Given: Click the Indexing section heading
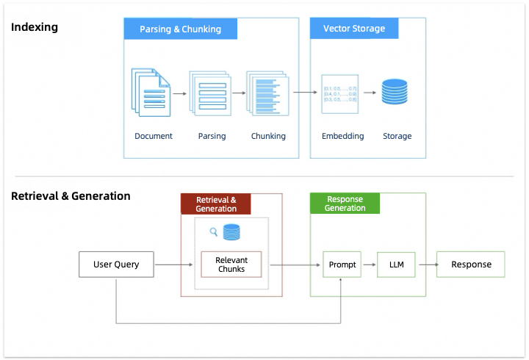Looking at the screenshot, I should (35, 27).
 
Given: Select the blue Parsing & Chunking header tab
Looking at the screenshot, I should (181, 29).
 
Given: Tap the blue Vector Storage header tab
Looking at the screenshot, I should (353, 29).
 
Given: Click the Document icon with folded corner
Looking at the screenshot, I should (151, 93).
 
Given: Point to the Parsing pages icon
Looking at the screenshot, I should (210, 93).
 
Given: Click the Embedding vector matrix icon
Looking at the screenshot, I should (340, 93).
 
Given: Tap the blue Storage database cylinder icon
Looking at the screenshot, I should (395, 93).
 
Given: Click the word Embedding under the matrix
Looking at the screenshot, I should (342, 136).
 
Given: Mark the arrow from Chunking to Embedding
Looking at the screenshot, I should (305, 93).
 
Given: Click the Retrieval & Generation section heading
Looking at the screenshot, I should (71, 196).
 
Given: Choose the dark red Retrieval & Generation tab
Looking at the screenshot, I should (216, 204).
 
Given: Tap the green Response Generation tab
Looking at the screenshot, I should (345, 204).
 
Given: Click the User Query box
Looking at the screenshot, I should (117, 264).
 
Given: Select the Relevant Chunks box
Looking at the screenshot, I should (231, 264).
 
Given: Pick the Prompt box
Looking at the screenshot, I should (342, 264).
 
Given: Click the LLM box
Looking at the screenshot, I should (396, 264).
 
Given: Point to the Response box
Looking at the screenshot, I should (471, 264).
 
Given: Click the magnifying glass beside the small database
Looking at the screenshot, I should (214, 232).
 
